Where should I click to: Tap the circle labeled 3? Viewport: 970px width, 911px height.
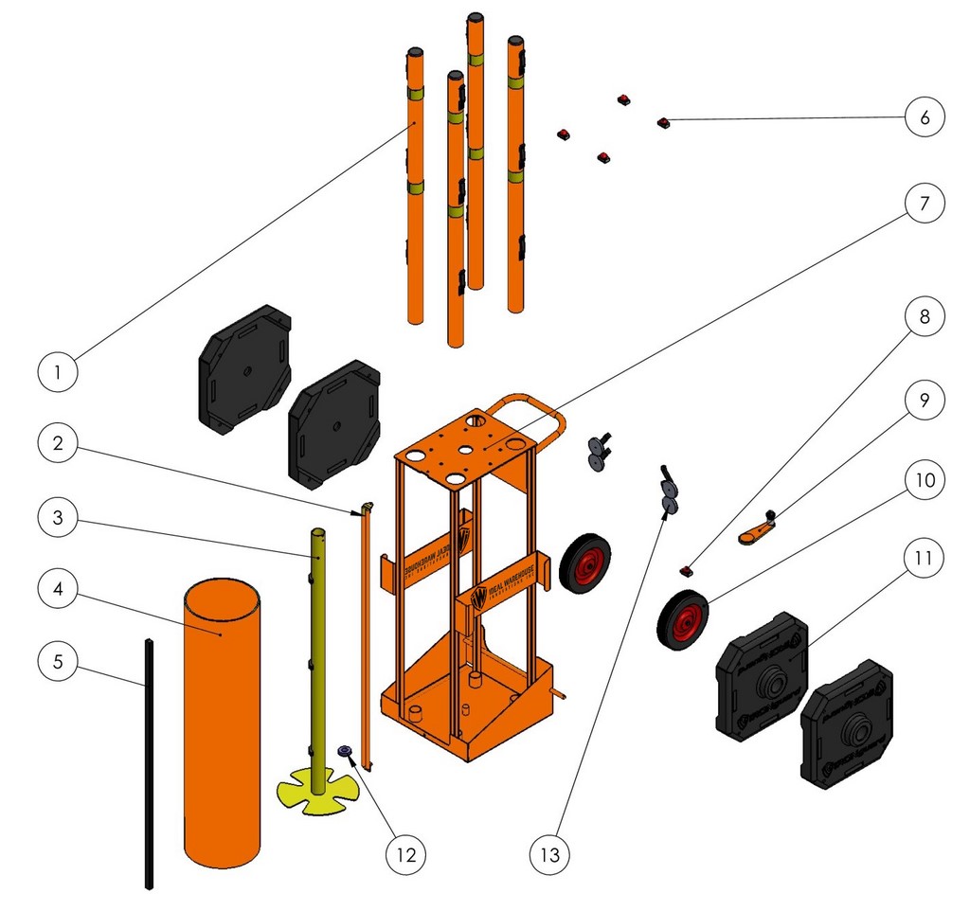[x=59, y=518]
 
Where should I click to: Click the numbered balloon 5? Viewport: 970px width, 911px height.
[x=59, y=661]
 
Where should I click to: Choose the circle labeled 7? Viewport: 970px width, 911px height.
[x=925, y=204]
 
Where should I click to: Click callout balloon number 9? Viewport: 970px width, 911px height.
[x=925, y=401]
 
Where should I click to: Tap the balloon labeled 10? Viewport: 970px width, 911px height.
[x=925, y=481]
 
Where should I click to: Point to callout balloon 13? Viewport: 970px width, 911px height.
[x=549, y=855]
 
